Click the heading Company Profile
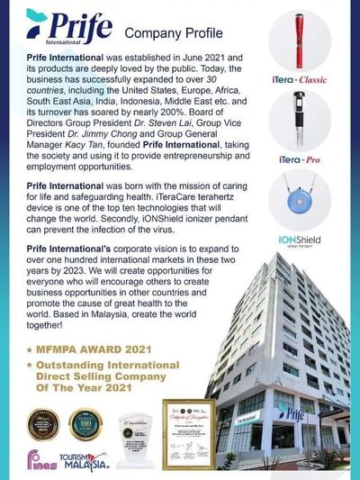pos(164,33)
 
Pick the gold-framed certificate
pos(188,430)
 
